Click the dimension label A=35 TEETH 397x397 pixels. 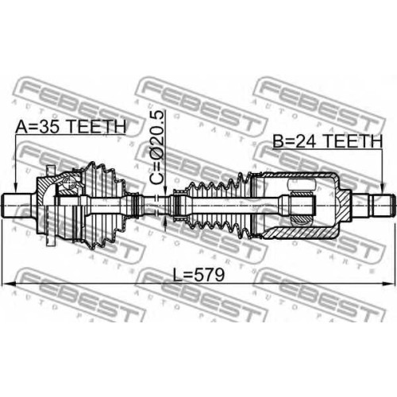[71, 126]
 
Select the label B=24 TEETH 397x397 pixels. [328, 141]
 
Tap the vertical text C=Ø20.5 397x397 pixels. [156, 148]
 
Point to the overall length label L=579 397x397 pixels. [198, 275]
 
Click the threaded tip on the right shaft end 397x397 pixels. [384, 206]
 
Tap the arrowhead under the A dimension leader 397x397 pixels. [15, 189]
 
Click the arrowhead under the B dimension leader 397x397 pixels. [382, 190]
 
